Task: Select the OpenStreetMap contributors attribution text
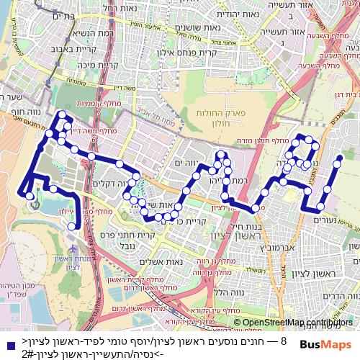tap(298, 323)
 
